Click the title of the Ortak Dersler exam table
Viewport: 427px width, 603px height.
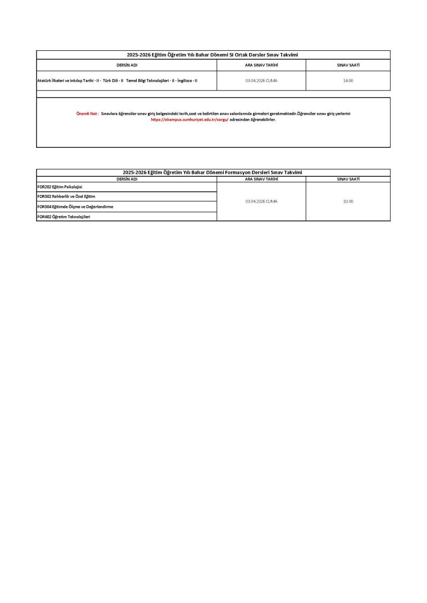coord(213,55)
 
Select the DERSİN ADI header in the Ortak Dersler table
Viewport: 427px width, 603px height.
coord(127,65)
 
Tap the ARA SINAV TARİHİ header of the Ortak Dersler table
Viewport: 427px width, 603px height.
coord(261,65)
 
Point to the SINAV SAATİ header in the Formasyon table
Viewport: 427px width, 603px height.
coord(348,179)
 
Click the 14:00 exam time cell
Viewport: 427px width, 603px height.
coord(348,80)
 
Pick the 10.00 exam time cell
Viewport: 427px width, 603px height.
coord(348,201)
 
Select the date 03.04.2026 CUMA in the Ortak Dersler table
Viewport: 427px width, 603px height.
coord(261,80)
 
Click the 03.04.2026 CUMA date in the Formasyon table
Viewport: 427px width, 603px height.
coord(261,201)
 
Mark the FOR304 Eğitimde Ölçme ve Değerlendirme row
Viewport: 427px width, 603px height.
coord(75,207)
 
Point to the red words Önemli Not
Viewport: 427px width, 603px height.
coord(87,114)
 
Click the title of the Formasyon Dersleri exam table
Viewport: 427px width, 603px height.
coord(213,172)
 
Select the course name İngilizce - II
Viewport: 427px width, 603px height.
coord(188,80)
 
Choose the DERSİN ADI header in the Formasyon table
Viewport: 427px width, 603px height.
coord(127,179)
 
